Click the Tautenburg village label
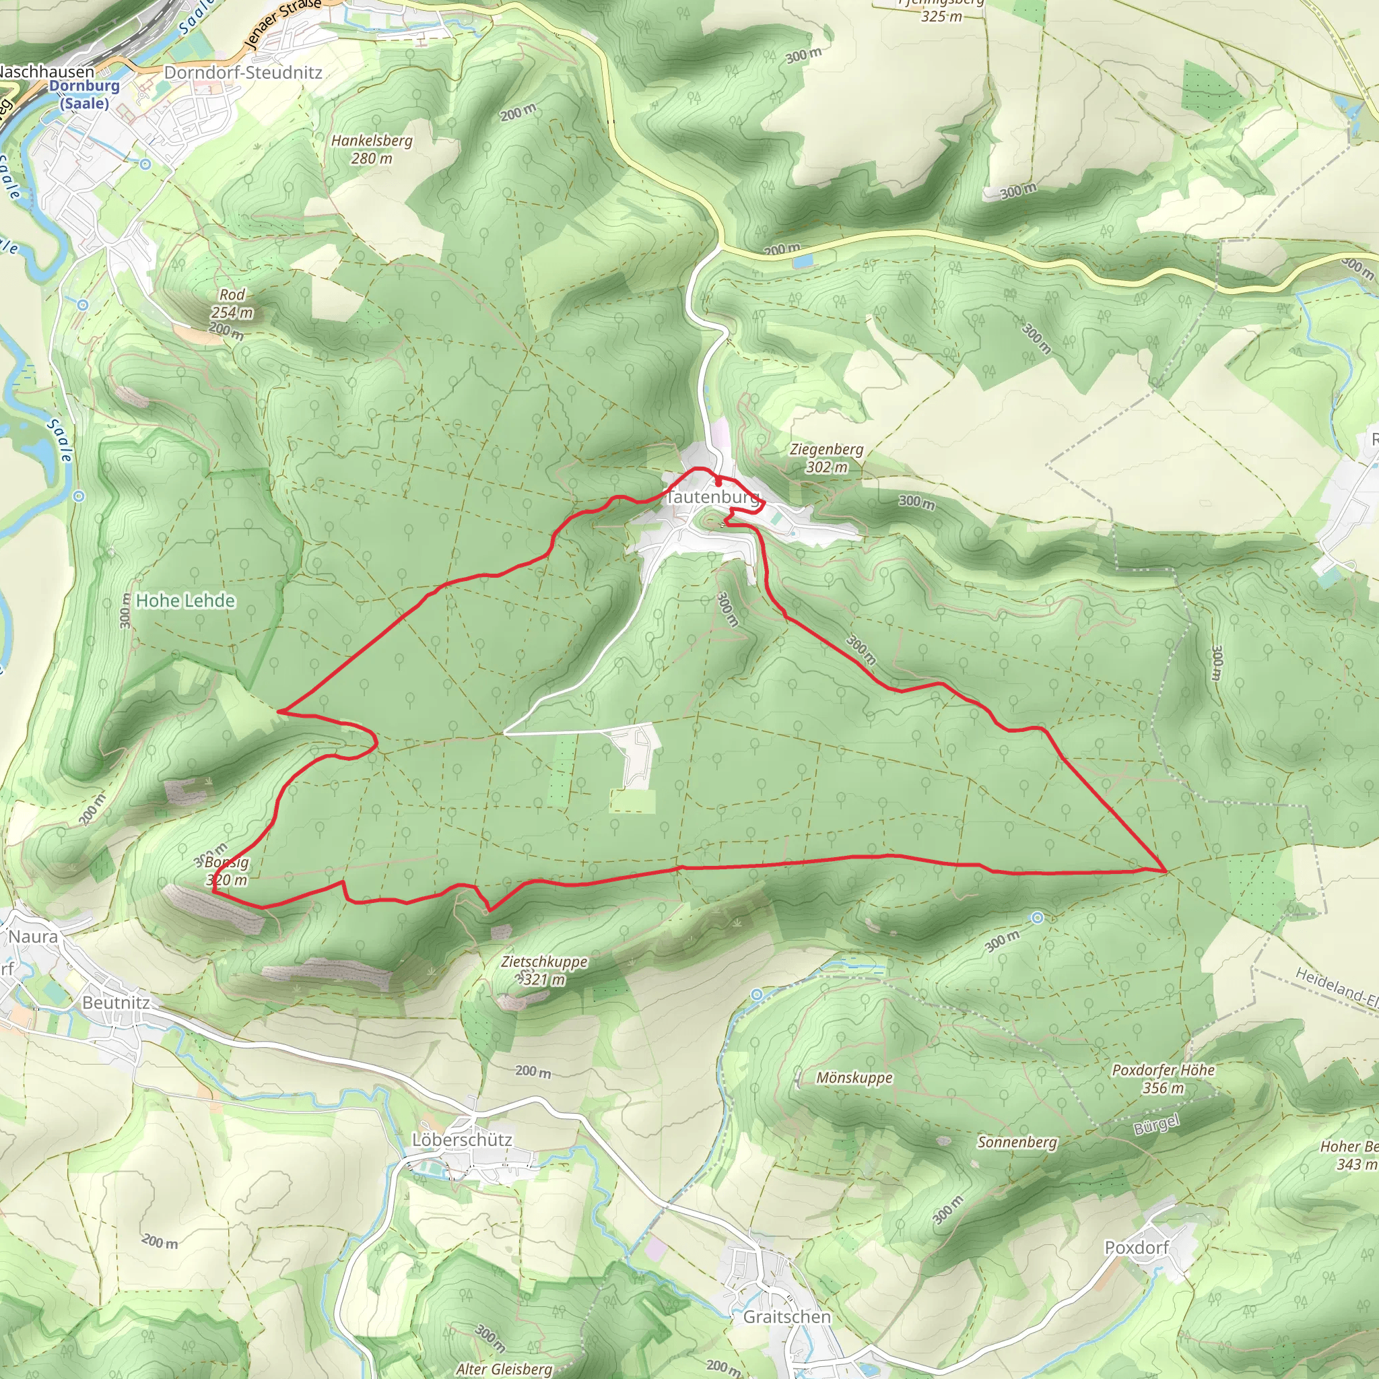712,497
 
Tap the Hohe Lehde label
185,601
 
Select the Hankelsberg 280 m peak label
371,149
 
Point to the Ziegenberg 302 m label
827,457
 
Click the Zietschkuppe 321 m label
544,970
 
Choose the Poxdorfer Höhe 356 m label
1163,1079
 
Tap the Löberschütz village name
462,1140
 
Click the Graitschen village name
787,1317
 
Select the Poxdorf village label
1137,1248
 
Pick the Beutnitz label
116,1003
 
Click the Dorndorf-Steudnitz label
242,73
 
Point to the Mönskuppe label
854,1078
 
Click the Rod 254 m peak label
232,304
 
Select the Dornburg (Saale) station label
84,94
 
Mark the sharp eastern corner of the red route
1165,871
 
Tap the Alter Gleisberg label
504,1368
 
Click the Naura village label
33,937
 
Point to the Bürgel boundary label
1156,1124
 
